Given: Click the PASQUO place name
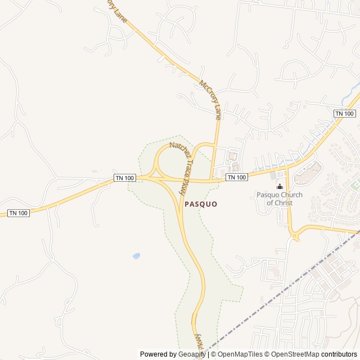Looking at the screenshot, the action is [x=201, y=204].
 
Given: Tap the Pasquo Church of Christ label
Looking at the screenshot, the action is [x=280, y=199].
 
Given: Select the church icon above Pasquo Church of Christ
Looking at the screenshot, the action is [x=280, y=187].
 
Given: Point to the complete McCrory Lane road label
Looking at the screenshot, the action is [x=210, y=100].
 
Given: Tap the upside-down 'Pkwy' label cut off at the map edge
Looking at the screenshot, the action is [x=197, y=340].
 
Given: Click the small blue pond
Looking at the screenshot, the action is [x=136, y=256].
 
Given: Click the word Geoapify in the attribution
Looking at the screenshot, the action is [x=192, y=354].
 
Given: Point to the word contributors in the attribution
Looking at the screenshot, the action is [x=339, y=354].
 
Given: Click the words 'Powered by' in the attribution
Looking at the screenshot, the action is [x=158, y=354].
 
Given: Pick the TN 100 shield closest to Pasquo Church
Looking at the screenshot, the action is [x=237, y=177].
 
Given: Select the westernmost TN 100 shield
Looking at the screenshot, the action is [x=19, y=213].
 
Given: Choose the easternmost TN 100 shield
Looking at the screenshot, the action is [x=345, y=114].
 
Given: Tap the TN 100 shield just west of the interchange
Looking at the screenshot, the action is [x=125, y=178].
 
